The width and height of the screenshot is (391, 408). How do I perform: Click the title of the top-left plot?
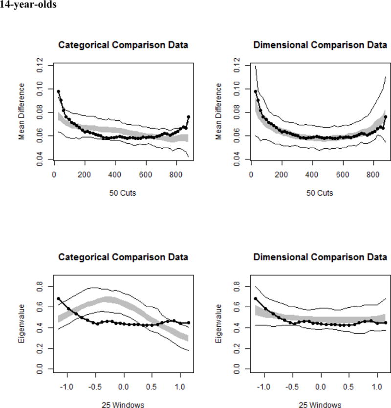pos(123,45)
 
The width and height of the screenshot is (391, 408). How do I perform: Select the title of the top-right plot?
pos(321,45)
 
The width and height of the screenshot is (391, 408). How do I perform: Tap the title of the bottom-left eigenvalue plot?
pos(123,257)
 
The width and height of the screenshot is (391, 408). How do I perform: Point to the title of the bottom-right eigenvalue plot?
pos(321,257)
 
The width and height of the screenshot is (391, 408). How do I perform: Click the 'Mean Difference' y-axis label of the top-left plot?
pos(22,112)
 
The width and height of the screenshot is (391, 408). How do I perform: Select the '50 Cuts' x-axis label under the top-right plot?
pos(321,193)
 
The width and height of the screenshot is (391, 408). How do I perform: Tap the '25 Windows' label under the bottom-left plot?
pos(123,405)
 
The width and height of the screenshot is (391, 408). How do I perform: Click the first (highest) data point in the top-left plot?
pos(58,91)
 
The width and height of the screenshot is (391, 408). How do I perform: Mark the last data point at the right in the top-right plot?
pos(386,117)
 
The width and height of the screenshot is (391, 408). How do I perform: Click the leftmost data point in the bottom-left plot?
pos(59,298)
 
